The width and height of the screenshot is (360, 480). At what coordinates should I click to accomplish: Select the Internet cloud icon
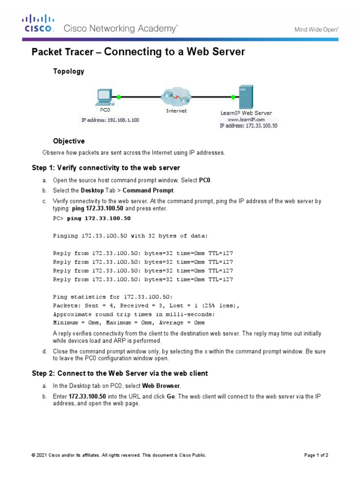176,97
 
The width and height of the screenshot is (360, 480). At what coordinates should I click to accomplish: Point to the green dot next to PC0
119,97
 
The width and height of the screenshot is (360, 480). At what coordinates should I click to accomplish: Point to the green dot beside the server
233,97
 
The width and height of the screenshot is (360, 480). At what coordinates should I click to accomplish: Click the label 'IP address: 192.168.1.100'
110,120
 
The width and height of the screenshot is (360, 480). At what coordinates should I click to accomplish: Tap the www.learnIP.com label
246,120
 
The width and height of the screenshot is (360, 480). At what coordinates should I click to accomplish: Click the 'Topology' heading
68,71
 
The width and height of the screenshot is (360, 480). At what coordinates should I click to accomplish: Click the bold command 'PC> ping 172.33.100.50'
92,218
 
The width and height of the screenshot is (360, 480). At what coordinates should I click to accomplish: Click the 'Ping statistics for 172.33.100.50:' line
113,297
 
